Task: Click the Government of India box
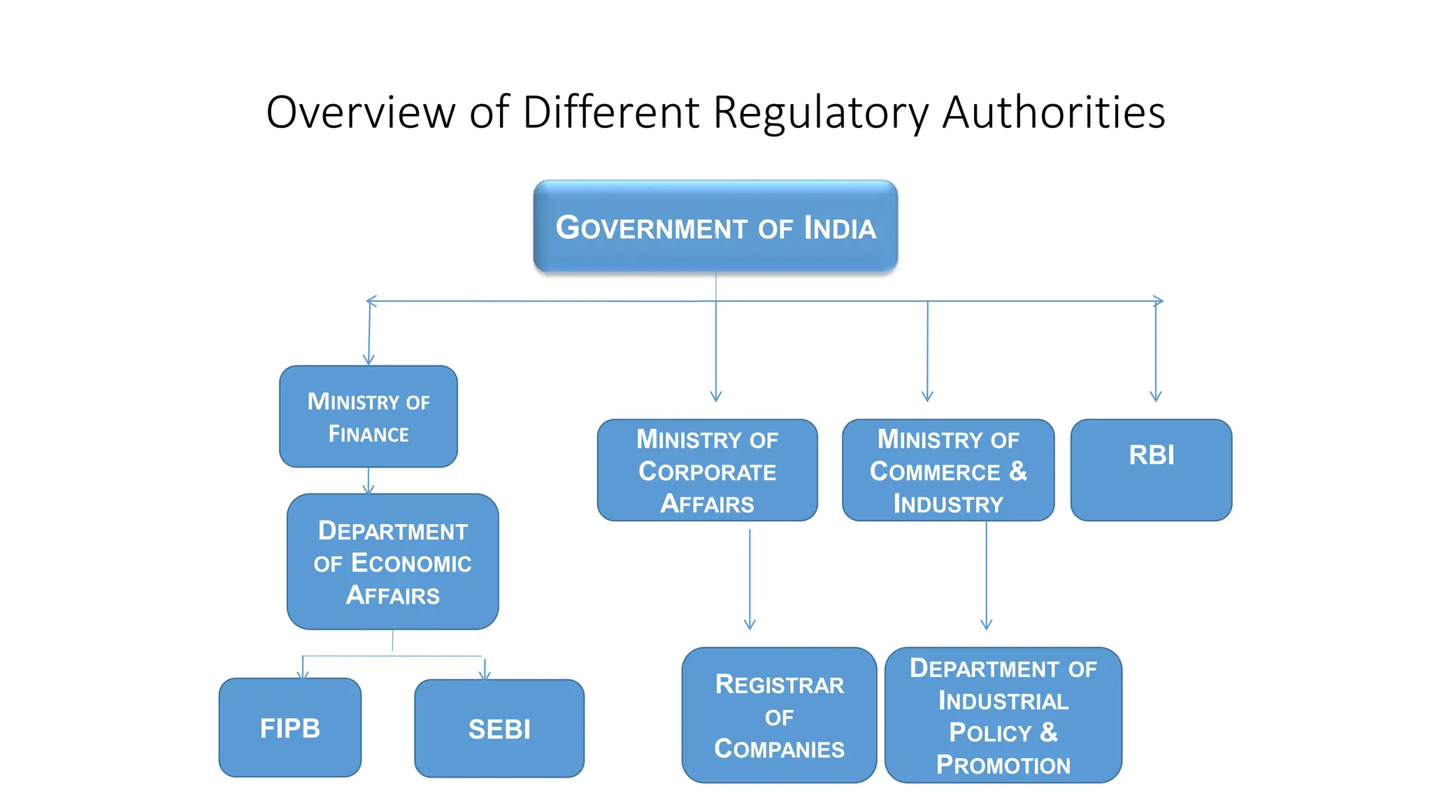pyautogui.click(x=715, y=226)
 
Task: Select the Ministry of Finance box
pyautogui.click(x=368, y=416)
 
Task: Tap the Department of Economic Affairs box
pyautogui.click(x=392, y=562)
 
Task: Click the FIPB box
pyautogui.click(x=290, y=727)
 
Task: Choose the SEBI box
pyautogui.click(x=499, y=728)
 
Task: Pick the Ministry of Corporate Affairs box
pyautogui.click(x=707, y=470)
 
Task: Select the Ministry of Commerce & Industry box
pyautogui.click(x=948, y=470)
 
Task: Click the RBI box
pyautogui.click(x=1151, y=470)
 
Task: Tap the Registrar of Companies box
pyautogui.click(x=779, y=715)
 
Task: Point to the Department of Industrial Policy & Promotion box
pyautogui.click(x=1003, y=715)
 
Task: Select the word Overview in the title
pyautogui.click(x=361, y=113)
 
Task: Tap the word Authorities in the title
pyautogui.click(x=1054, y=113)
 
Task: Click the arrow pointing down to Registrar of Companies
pyautogui.click(x=750, y=580)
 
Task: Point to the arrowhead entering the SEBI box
pyautogui.click(x=485, y=674)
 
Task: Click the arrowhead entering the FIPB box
pyautogui.click(x=303, y=674)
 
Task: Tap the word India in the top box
pyautogui.click(x=839, y=229)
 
